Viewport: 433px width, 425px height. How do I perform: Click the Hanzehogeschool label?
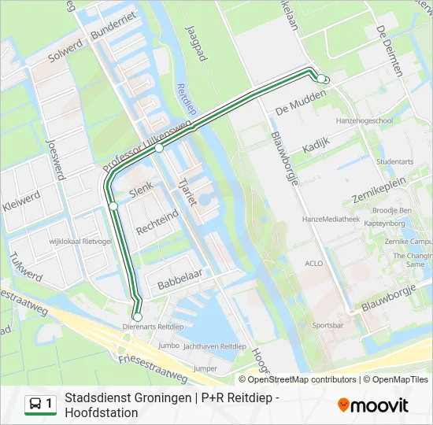365,120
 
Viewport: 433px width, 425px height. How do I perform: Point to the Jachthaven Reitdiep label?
213,346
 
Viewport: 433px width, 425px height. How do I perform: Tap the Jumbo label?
168,345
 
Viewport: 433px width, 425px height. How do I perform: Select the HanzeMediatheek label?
330,220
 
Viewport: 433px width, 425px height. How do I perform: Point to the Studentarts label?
395,161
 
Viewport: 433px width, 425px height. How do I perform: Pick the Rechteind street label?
157,222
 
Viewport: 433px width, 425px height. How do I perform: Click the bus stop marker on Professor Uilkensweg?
159,148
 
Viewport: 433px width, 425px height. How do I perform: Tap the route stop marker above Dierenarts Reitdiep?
137,316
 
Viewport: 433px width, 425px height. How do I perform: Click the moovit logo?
373,405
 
